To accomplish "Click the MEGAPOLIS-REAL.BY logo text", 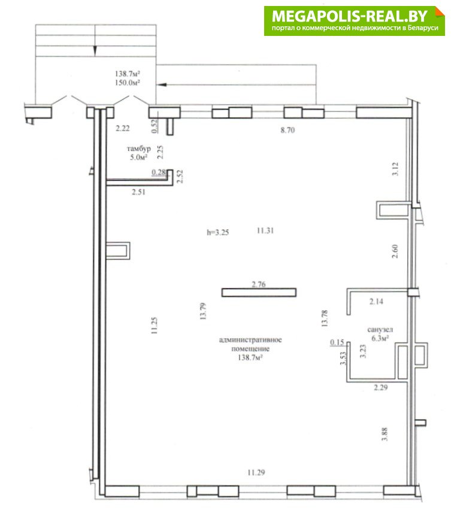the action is (349, 16).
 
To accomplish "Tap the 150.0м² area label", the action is (127, 83).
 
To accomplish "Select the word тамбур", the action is (138, 148).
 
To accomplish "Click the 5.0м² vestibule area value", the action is (138, 157).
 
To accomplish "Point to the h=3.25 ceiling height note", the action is (218, 232).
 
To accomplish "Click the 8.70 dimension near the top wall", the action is (287, 130).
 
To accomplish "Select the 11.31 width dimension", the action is (265, 230).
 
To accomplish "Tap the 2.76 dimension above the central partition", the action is (259, 284).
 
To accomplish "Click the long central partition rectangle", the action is (259, 293).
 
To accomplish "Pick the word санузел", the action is (380, 330).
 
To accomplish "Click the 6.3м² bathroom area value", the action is (380, 338).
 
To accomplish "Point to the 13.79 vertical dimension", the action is (203, 311).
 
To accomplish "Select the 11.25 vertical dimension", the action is (154, 326).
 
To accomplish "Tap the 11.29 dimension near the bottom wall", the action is (256, 472).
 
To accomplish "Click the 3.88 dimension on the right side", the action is (385, 435).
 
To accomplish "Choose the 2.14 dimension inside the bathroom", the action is (376, 302).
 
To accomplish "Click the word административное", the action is (250, 340).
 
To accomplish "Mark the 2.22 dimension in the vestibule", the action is (123, 128).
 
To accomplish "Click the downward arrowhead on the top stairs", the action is (95, 51).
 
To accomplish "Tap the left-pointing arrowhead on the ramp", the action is (162, 85).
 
